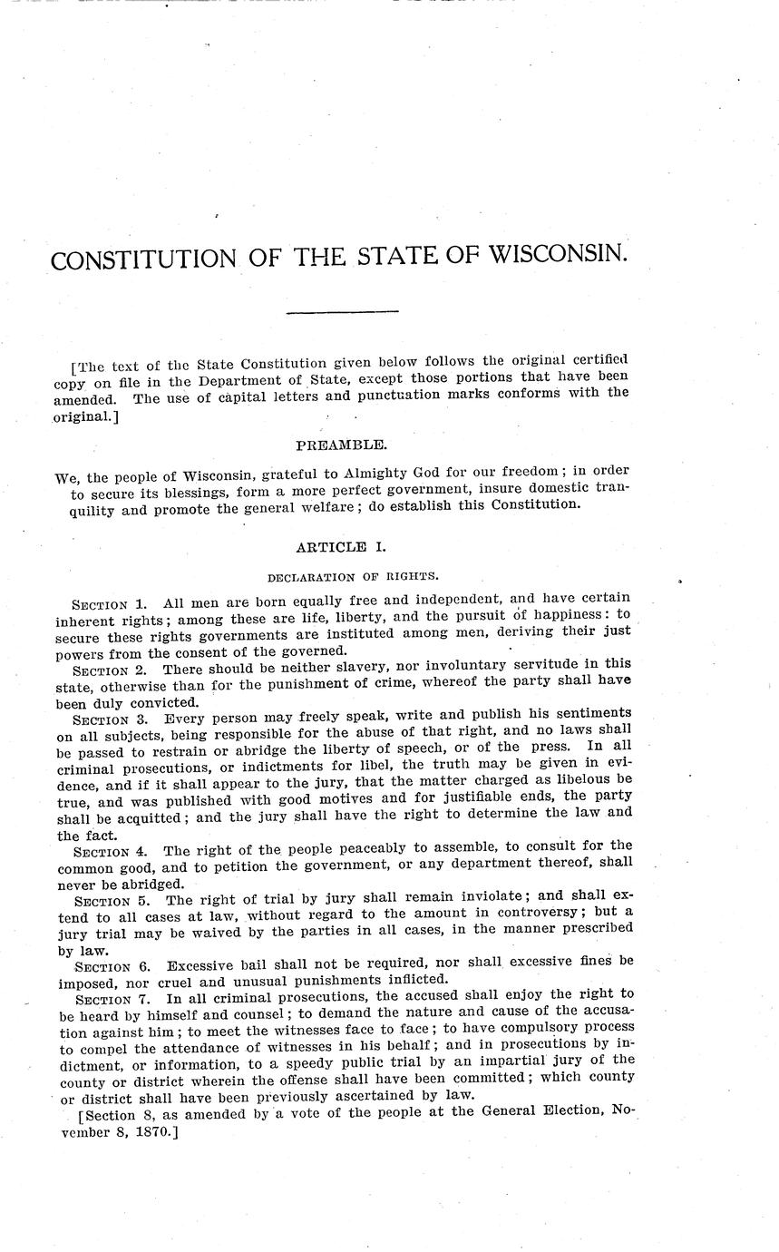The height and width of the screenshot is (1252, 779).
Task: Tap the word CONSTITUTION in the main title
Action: (143, 260)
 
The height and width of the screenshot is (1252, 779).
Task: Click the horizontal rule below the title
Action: (343, 313)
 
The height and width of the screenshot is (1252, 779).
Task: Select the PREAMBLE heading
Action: (342, 445)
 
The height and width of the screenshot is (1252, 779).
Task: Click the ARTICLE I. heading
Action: (342, 547)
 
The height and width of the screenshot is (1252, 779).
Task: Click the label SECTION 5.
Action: (112, 901)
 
